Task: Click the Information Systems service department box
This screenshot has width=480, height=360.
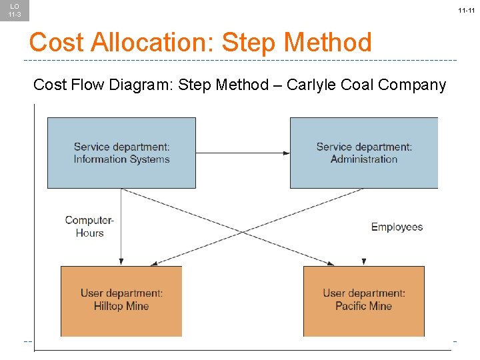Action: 121,153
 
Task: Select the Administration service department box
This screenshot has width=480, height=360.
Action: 364,153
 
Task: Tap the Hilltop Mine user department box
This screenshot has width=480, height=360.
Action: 121,301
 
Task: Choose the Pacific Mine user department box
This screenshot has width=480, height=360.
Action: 364,301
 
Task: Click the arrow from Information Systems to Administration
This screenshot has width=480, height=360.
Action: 243,153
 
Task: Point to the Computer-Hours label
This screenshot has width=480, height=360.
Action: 89,227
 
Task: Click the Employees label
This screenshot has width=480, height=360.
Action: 397,227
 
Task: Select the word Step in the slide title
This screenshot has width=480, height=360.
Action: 248,43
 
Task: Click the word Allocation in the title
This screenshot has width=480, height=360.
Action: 154,43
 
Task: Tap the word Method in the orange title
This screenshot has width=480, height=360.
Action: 327,43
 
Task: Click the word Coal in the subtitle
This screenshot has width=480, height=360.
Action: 361,85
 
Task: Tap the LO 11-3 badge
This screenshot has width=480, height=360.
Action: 14,11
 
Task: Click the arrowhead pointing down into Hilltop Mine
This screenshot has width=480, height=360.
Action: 121,262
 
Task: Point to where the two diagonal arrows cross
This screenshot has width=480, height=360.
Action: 243,231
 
